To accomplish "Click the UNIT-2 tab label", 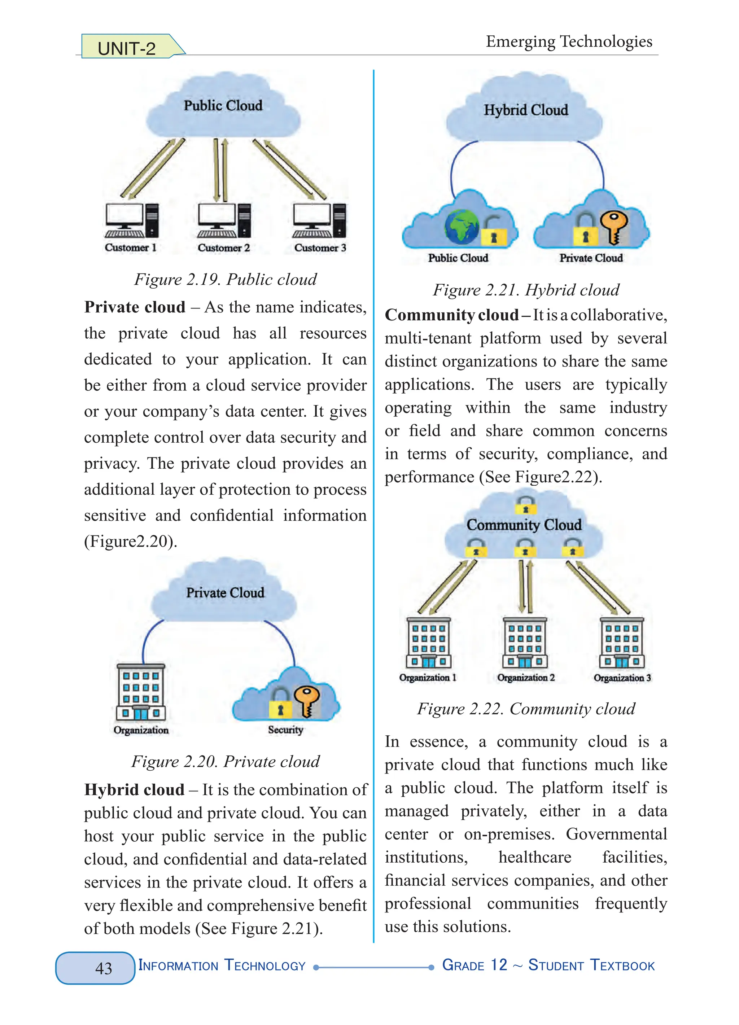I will [x=127, y=48].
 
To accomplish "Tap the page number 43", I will [x=104, y=968].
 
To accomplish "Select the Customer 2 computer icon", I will [x=224, y=220].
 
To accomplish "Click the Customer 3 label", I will [x=320, y=248].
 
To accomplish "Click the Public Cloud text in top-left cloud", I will [x=223, y=106].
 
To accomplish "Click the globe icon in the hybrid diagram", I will [x=462, y=226].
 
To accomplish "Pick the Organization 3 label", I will [x=622, y=678].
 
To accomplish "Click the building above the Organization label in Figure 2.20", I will [x=141, y=692].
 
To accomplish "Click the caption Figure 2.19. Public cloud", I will [x=225, y=279].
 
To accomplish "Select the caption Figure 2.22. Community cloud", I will [x=526, y=709].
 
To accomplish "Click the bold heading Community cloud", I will [x=451, y=315].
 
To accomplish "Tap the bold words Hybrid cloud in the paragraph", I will [x=134, y=789].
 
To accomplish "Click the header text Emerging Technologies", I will [x=569, y=41].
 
